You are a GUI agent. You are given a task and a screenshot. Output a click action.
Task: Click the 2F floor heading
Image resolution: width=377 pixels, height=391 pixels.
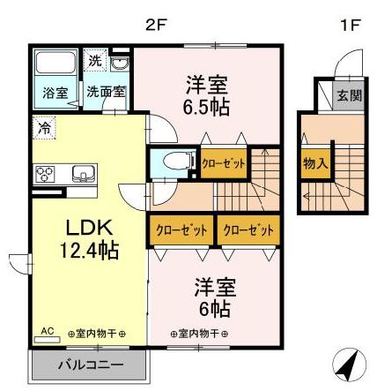coord(156,25)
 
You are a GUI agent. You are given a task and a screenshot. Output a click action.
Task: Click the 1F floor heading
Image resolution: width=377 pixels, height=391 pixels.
coord(350,25)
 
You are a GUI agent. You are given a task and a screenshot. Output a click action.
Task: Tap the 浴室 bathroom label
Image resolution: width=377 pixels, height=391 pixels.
coord(55,92)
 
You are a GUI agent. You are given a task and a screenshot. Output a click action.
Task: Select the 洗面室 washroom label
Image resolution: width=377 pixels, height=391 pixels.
coord(105,92)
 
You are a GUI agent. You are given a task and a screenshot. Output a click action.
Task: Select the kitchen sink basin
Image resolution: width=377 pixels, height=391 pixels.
coord(82,172)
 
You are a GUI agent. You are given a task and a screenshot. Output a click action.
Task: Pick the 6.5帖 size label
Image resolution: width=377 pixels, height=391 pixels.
coord(207,104)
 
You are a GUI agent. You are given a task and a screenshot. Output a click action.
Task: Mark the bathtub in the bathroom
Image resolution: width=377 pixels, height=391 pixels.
coord(57,65)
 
